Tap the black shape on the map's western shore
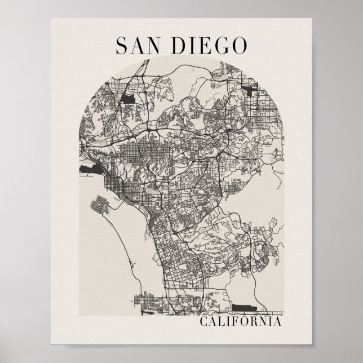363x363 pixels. click(91, 168)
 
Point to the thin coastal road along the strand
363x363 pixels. click(131, 265)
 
